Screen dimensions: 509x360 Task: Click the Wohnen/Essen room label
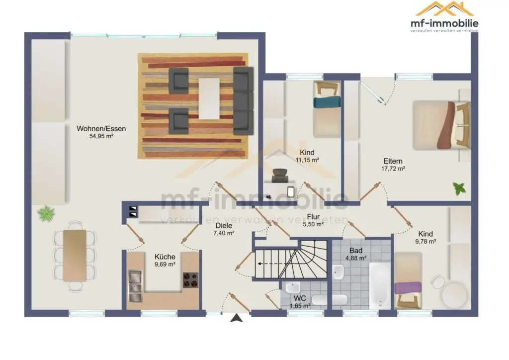tap(101, 129)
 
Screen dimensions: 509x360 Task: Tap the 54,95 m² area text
tap(101, 136)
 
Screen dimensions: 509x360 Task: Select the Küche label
tap(165, 257)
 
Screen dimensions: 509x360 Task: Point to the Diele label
tap(224, 226)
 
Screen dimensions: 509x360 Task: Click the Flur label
tap(313, 216)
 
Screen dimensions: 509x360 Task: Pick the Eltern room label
tap(393, 161)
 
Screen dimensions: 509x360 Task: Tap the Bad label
tap(356, 251)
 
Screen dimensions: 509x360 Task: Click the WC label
tap(300, 298)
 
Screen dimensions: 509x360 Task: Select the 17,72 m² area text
tap(393, 169)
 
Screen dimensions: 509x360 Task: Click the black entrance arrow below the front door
tap(236, 318)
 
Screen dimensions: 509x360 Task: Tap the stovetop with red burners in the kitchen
tap(190, 280)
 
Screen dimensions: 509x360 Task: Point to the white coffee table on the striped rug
tap(209, 98)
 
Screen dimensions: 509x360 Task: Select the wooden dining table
tap(75, 256)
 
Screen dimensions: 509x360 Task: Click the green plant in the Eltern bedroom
tap(459, 188)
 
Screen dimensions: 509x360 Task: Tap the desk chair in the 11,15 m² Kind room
tap(280, 176)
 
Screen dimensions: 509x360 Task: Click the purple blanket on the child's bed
tap(408, 288)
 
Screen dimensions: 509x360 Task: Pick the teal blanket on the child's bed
tap(327, 102)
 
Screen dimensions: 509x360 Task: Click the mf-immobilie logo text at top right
tap(444, 23)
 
